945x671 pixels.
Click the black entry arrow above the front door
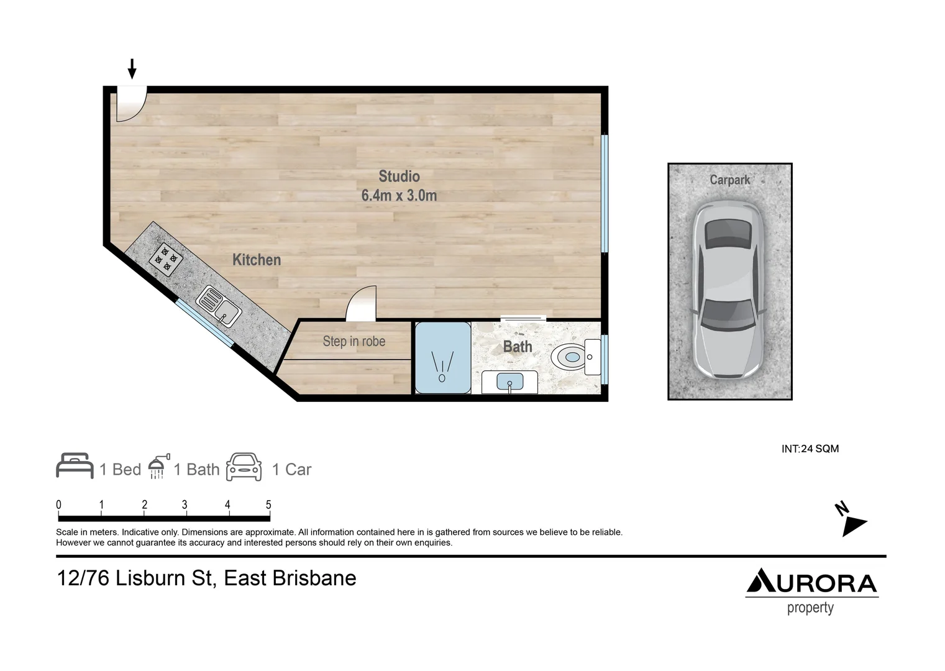[132, 69]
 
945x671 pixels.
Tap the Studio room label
[399, 176]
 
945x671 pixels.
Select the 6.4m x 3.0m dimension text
[399, 196]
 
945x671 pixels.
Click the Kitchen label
[256, 260]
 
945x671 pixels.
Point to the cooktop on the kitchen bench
[166, 259]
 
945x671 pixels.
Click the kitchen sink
[219, 306]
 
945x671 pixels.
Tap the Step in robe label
[354, 341]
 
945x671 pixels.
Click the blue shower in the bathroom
[442, 358]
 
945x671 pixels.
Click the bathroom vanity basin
[510, 382]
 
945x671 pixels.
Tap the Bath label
[518, 347]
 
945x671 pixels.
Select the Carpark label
[729, 180]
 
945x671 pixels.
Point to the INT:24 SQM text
[810, 449]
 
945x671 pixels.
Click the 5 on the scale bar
[268, 505]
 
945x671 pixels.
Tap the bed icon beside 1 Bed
[75, 466]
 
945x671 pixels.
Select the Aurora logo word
[811, 582]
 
